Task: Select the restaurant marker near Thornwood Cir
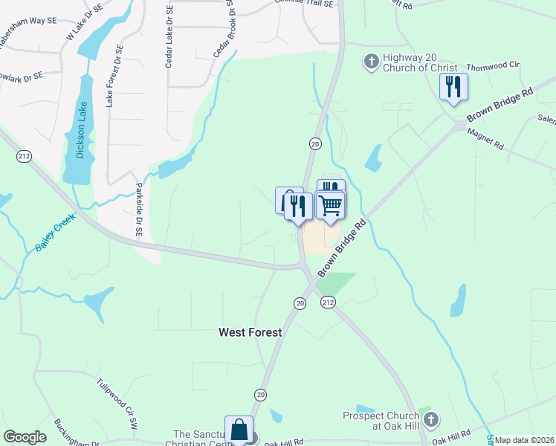coord(453,86)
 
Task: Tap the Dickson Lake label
coord(82,130)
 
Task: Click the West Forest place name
coord(250,332)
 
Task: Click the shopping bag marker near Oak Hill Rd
coord(239,430)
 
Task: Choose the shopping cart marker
coord(330,204)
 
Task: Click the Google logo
coord(25,437)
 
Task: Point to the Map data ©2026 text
coord(524,440)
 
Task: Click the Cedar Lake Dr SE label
coord(169,37)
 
